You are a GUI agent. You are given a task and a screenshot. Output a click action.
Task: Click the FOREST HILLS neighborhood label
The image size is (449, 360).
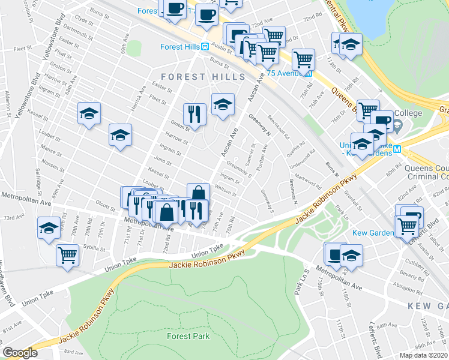pos(203,77)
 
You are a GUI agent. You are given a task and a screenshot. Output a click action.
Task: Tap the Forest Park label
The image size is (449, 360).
pos(189,336)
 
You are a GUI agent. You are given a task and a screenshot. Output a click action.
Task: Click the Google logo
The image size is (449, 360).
pos(20,353)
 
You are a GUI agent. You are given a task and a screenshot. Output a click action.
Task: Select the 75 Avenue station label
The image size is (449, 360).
pos(287,73)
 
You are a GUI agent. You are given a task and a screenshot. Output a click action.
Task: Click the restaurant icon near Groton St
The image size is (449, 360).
pos(194,113)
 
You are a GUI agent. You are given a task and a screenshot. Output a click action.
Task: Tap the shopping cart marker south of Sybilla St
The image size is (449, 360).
pos(67,254)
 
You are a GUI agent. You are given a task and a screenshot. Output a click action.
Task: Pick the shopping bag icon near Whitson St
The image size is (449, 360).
pos(198,193)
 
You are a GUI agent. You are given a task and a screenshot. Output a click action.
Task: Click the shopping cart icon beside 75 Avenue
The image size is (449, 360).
pos(304,59)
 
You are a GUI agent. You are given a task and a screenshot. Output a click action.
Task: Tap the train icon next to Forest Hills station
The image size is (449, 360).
pos(204,47)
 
